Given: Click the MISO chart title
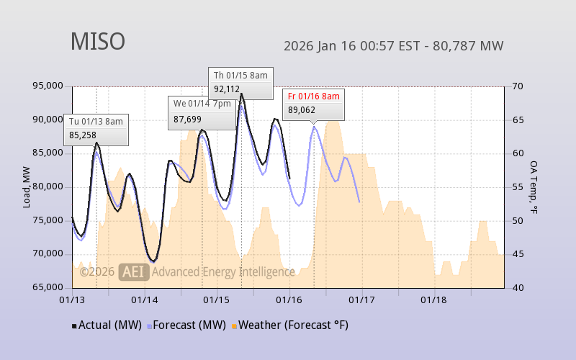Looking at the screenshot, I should (97, 42).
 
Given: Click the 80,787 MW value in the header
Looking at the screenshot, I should (472, 46).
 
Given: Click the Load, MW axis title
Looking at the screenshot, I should (27, 186).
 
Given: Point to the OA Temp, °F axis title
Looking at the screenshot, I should (534, 187).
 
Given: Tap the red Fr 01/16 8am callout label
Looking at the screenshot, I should (313, 96).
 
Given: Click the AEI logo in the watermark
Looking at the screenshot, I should (134, 272).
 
